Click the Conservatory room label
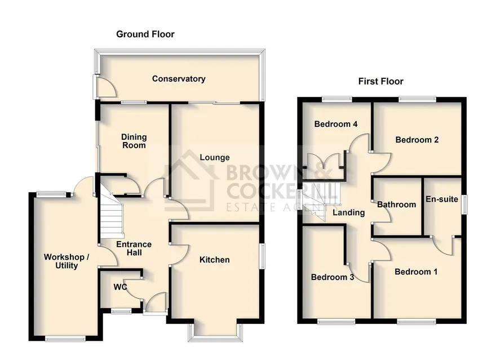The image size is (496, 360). coord(179,79)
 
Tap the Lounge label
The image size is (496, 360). coord(215,157)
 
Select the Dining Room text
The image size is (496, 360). coord(134,141)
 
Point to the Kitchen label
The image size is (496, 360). coord(215,260)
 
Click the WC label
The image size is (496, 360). coord(120,287)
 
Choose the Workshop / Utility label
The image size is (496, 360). coord(67,261)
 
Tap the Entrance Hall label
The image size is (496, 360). coord(134,248)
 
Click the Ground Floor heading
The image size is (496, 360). coord(145,34)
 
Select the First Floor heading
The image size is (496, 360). coord(381,82)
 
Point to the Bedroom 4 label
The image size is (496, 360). coord(336,124)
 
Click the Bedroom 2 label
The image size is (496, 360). coord(417,140)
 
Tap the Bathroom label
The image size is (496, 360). coord(396,205)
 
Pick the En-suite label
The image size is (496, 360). coord(442,199)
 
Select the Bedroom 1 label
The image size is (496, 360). coord(417,272)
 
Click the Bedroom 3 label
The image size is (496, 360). coord(333,277)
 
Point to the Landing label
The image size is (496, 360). coord(348,212)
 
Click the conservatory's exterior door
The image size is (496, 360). coord(105,87)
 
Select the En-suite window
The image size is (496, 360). coord(464,205)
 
